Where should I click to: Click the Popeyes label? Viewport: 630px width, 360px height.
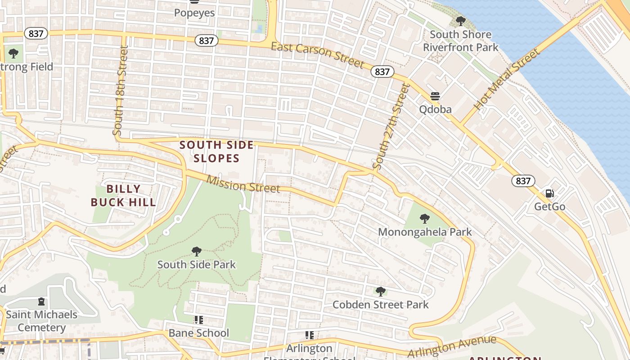click(x=194, y=13)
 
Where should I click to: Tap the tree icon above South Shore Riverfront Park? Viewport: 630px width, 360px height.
click(x=460, y=21)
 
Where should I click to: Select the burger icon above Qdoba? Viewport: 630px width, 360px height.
click(x=435, y=96)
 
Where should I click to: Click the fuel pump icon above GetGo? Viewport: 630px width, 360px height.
click(x=549, y=193)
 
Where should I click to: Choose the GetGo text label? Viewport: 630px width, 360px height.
click(x=549, y=207)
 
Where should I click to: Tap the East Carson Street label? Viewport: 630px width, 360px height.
click(x=317, y=55)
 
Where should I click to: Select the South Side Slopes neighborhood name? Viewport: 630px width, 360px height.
click(x=216, y=152)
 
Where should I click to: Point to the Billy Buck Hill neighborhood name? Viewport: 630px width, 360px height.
click(x=123, y=195)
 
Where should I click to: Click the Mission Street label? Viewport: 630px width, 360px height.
click(x=243, y=184)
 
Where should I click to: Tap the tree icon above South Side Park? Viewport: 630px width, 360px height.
click(x=196, y=251)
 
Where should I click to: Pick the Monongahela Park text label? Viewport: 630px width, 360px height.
click(x=425, y=232)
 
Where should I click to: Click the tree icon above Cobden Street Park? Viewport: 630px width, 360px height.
click(x=381, y=292)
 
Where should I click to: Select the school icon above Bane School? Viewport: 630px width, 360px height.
click(x=198, y=320)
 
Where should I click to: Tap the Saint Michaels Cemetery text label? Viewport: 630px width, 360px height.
click(x=41, y=321)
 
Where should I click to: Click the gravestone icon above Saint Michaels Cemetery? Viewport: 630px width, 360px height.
click(x=41, y=301)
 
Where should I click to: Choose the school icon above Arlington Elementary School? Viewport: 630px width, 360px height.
click(x=309, y=335)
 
